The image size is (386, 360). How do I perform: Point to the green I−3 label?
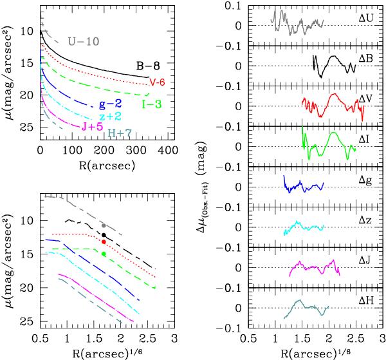[152, 102]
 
